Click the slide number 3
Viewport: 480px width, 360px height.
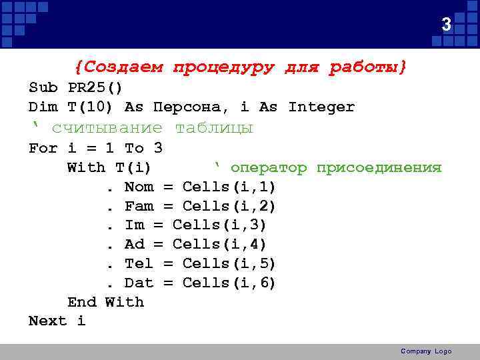pos(447,25)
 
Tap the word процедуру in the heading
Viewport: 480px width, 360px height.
pos(223,67)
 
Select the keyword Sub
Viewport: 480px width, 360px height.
pos(43,88)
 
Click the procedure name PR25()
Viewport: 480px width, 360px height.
pos(95,88)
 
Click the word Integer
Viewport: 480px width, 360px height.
pos(321,107)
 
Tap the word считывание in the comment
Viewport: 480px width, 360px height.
pos(107,128)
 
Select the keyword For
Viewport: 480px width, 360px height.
pos(43,148)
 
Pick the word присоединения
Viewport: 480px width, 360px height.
pos(379,167)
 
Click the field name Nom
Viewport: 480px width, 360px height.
pos(139,187)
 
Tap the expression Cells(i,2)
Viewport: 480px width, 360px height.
pos(229,206)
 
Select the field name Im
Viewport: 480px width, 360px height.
pos(134,225)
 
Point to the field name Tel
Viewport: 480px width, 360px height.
pos(139,264)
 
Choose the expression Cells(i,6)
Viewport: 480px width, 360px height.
pos(229,283)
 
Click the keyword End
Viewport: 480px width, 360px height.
pos(81,302)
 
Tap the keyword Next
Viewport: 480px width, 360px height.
pos(48,321)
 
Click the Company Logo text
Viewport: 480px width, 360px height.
pos(426,351)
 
